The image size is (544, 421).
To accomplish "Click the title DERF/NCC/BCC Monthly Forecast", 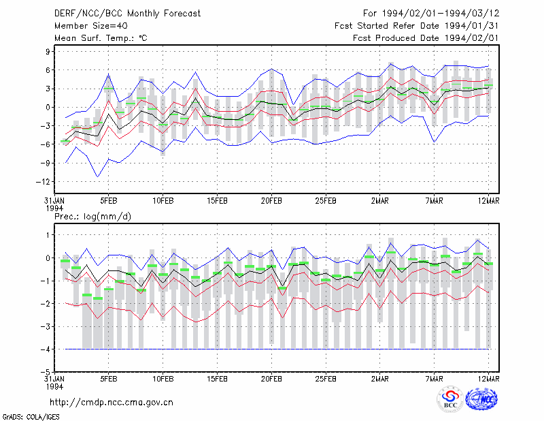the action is tap(127, 14).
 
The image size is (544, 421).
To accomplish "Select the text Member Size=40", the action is tap(91, 26).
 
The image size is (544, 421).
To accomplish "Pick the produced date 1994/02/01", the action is tap(471, 38).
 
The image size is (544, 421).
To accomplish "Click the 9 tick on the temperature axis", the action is tap(48, 52).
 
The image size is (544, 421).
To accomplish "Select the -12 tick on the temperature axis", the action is tap(43, 181).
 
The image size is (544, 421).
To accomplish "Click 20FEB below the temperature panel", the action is tap(271, 201).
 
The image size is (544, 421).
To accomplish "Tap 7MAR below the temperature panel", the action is tap(434, 201).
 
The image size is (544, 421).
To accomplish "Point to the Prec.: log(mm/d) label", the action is tap(92, 217).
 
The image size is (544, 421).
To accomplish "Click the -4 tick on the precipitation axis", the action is tap(45, 349).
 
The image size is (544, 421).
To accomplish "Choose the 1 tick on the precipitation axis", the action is tap(48, 235).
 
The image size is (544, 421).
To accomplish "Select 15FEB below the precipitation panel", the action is tap(217, 379).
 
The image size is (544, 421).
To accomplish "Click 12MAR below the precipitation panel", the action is tap(488, 379).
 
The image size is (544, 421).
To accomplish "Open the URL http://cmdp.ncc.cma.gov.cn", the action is tap(112, 403).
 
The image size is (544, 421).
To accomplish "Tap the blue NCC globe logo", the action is tap(482, 399).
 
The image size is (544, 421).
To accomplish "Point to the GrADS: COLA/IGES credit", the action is tap(31, 416).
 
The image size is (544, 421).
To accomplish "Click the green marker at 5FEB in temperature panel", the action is tap(109, 89).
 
